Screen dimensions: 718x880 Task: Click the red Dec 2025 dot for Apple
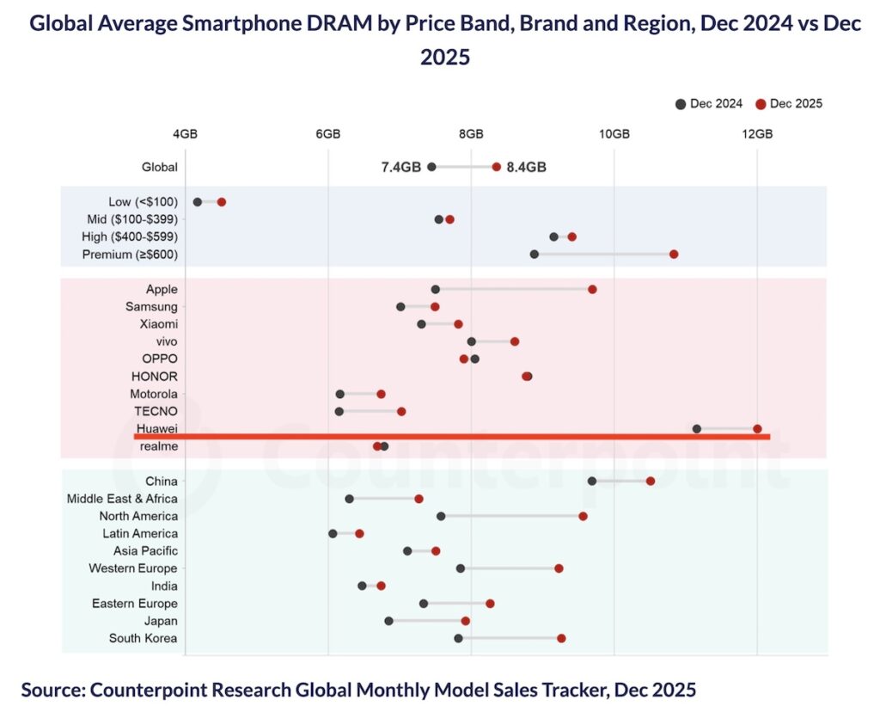pos(592,289)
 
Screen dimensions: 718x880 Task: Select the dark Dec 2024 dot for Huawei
pos(697,428)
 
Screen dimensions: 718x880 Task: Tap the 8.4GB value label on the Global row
pos(527,167)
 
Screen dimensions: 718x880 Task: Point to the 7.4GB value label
pos(400,167)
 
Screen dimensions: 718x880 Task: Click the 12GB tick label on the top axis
pos(757,134)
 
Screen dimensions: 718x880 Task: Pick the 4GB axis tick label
pos(185,134)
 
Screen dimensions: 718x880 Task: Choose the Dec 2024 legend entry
pos(709,104)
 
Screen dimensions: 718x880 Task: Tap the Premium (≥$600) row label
pos(130,255)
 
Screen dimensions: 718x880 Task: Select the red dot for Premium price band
pos(674,255)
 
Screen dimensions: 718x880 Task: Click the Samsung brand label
pos(151,307)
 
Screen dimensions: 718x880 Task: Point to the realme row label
pos(159,447)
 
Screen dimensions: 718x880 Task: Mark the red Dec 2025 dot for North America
pos(583,516)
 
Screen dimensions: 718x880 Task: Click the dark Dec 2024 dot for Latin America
pos(333,534)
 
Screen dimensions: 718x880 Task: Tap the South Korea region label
pos(143,638)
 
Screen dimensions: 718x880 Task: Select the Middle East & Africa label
pos(122,499)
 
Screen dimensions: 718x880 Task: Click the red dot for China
pos(651,481)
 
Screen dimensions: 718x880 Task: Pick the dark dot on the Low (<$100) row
pos(198,202)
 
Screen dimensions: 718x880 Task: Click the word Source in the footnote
pos(52,690)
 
